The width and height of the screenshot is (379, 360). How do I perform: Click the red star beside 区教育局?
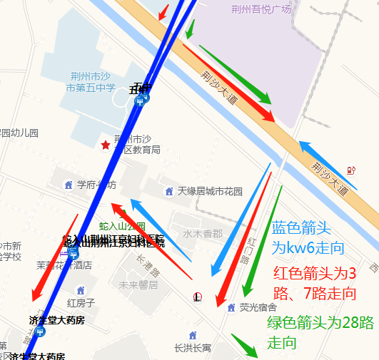[x=106, y=145]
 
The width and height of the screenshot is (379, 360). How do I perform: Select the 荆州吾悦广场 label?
[x=261, y=9]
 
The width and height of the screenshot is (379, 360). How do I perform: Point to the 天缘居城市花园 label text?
[x=210, y=191]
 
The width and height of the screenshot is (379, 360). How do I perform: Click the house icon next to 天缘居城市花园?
[x=169, y=191]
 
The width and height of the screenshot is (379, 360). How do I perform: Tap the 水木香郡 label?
[x=203, y=233]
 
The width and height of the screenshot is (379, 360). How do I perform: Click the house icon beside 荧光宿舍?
[x=231, y=307]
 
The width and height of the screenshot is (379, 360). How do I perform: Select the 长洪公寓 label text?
[x=193, y=348]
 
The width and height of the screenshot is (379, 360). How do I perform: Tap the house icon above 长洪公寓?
[x=192, y=334]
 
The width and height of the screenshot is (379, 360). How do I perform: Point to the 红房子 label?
[x=76, y=303]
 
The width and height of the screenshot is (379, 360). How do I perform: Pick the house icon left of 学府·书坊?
[x=69, y=185]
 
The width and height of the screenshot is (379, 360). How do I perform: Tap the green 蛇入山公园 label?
[x=122, y=226]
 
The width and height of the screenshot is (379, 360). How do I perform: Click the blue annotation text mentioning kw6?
[x=308, y=238]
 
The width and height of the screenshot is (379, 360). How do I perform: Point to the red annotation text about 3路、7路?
[x=315, y=283]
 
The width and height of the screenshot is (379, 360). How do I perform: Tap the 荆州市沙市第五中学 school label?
[x=91, y=83]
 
